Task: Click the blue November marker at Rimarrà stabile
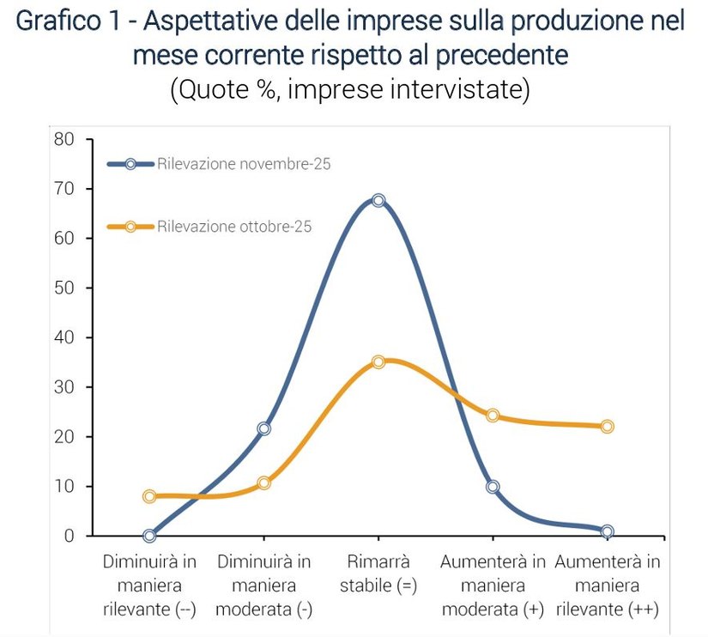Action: [x=378, y=200]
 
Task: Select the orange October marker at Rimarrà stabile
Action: [x=378, y=362]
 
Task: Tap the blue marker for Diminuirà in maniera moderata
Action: [x=263, y=428]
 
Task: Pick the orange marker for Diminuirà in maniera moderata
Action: [x=263, y=483]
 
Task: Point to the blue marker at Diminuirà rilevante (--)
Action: [x=149, y=536]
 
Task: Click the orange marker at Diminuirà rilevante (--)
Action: [x=149, y=496]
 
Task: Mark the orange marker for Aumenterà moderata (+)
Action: [x=493, y=416]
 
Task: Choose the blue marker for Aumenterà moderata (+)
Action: [x=493, y=487]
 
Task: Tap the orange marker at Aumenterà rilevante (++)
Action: [x=607, y=426]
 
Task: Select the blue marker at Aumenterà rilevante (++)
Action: [x=607, y=531]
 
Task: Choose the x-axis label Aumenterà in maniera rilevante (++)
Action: [x=607, y=585]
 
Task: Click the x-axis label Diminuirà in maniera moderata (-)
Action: [x=263, y=585]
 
